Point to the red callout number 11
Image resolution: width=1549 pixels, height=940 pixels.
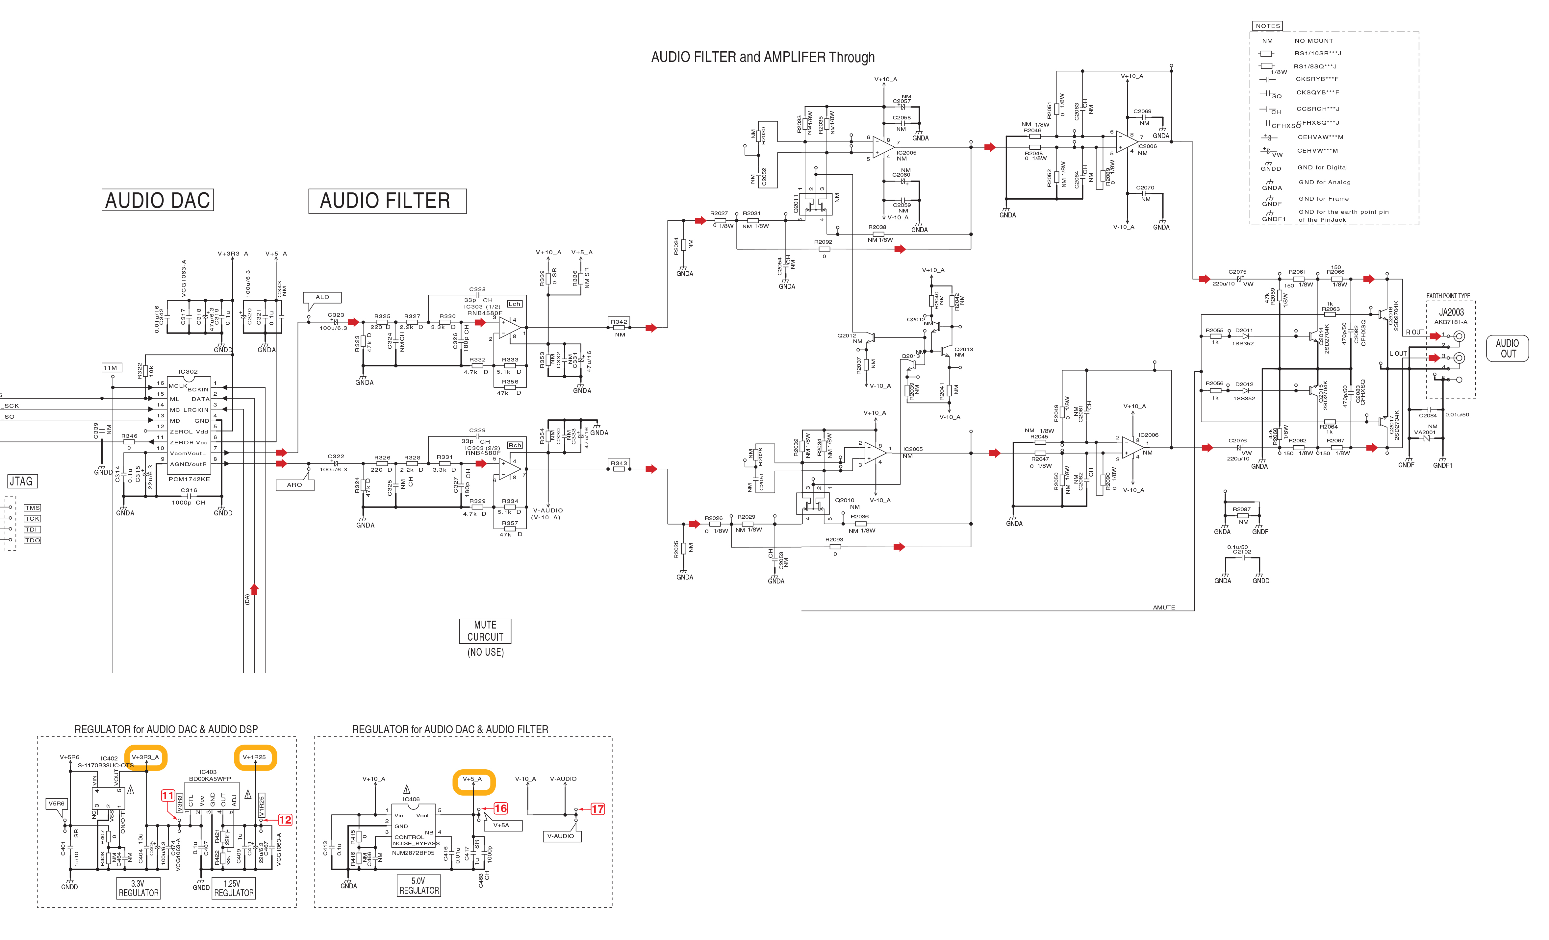168,796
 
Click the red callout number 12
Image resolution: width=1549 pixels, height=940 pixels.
285,820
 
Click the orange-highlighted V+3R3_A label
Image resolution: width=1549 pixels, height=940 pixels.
145,757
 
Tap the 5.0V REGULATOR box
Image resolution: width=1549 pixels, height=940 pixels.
419,885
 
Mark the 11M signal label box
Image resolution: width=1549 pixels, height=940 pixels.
111,368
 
